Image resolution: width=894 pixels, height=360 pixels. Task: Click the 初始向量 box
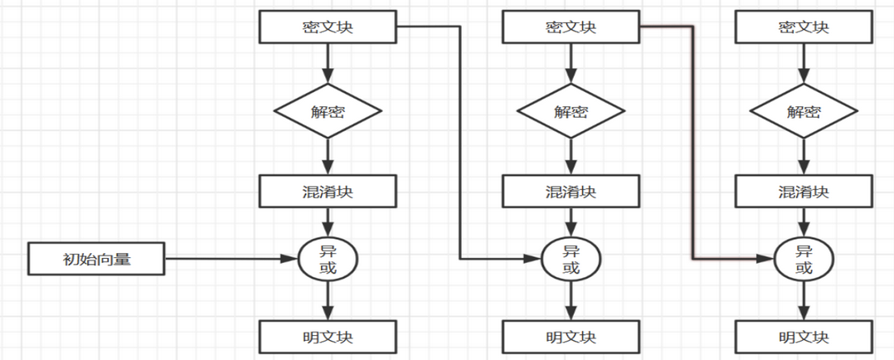click(96, 259)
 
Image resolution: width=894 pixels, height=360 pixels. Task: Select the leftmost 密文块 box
click(328, 27)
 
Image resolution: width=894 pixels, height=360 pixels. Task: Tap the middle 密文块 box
click(571, 27)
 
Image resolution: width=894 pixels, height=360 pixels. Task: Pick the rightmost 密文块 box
click(804, 27)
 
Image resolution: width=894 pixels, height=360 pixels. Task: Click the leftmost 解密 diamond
click(328, 111)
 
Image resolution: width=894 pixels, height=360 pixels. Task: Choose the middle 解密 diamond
click(571, 111)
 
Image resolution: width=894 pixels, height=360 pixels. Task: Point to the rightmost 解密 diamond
click(804, 111)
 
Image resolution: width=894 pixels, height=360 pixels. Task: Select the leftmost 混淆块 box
click(328, 192)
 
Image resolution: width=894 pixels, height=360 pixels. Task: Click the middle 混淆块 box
click(571, 192)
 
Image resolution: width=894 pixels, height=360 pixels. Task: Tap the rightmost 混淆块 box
click(804, 192)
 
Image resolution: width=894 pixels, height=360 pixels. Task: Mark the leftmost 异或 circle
click(328, 259)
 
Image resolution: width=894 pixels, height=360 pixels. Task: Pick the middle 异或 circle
click(571, 259)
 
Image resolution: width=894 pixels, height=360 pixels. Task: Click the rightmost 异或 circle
click(804, 259)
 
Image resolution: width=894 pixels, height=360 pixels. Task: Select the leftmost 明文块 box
click(328, 337)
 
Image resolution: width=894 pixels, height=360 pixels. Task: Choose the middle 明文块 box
click(571, 337)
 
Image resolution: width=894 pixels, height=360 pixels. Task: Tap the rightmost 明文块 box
click(804, 337)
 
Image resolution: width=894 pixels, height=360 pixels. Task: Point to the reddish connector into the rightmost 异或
click(692, 141)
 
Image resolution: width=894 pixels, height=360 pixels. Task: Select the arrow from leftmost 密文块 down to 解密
click(328, 63)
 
